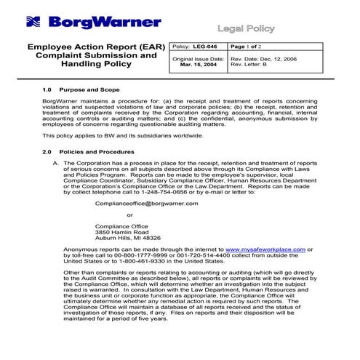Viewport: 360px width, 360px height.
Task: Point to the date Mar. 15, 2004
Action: [198, 64]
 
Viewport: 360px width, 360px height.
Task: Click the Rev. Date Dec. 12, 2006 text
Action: [263, 58]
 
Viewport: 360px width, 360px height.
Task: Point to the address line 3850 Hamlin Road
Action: [123, 231]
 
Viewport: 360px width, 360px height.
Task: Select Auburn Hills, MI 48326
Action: [128, 238]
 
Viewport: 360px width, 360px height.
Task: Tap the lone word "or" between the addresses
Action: [129, 215]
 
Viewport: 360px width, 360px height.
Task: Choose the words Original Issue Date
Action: [197, 58]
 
